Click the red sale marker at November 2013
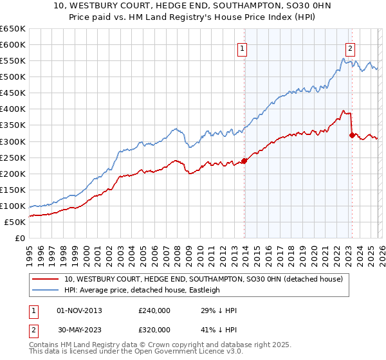pos(244,161)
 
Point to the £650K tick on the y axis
pos(13,29)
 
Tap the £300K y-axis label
pos(13,141)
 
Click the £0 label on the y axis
pos(19,238)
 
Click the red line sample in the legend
pos(46,279)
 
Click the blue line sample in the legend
pos(46,290)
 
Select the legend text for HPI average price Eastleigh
pos(142,290)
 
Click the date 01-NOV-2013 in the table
pos(79,310)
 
